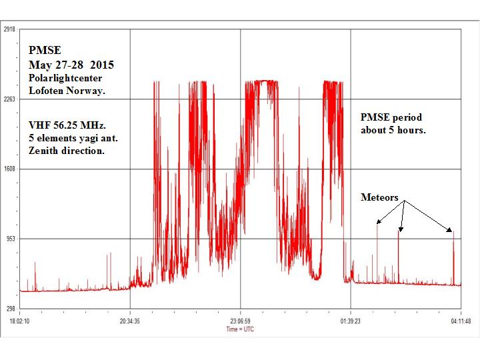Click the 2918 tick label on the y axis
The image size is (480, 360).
click(x=10, y=29)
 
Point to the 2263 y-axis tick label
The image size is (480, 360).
click(x=10, y=99)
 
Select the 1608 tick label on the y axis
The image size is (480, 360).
click(x=10, y=169)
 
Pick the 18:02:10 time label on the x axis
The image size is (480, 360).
click(x=21, y=321)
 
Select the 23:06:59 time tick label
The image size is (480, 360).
click(x=241, y=321)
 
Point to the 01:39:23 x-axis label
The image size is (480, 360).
click(x=351, y=321)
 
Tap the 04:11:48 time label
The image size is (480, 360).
click(x=461, y=321)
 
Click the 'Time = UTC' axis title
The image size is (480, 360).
click(x=240, y=329)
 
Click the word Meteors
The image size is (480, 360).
click(x=379, y=197)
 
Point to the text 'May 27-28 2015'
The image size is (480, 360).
click(x=71, y=65)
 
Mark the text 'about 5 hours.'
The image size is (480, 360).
click(x=393, y=130)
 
